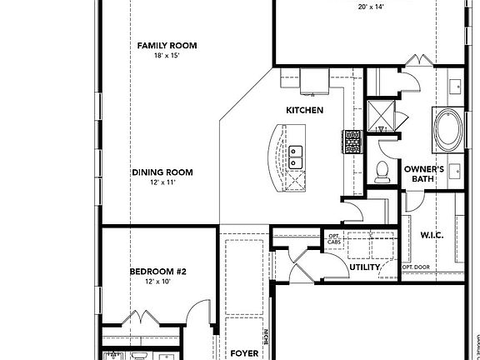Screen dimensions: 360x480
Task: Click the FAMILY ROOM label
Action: tap(166, 46)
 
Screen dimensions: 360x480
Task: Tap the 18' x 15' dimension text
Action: tap(166, 57)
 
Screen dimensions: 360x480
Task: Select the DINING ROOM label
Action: tap(162, 172)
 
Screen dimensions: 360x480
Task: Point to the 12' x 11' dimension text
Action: tap(162, 182)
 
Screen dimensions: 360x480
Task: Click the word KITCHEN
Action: tap(305, 110)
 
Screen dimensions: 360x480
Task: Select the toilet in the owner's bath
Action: tap(382, 172)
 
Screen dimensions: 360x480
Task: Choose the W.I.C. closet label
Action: tap(432, 235)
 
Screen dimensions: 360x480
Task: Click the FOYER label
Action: tap(245, 353)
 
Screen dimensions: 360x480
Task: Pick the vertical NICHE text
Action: tap(266, 338)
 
